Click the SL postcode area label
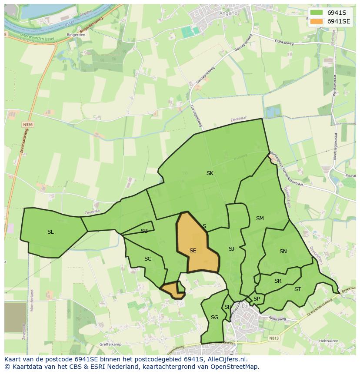[50, 232]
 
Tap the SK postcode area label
[210, 173]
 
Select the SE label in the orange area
[193, 251]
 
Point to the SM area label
[260, 218]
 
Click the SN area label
[283, 252]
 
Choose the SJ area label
[231, 249]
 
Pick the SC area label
[148, 259]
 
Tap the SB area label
[144, 231]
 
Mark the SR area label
[278, 281]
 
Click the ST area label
[297, 289]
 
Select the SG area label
[214, 318]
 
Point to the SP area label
[257, 299]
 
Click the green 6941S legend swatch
[317, 13]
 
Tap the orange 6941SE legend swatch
[317, 21]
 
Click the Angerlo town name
[229, 13]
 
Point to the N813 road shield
[273, 338]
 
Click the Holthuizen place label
[331, 341]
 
